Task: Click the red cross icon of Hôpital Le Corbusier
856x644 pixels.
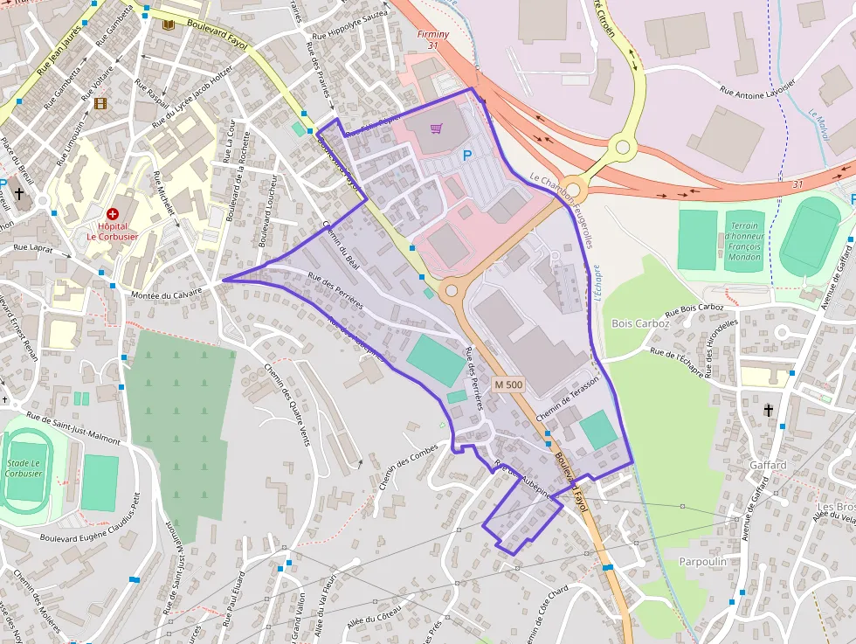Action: (113, 213)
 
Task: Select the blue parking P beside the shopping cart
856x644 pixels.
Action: (466, 156)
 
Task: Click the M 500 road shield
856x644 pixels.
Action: (507, 384)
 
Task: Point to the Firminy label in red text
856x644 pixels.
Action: (433, 34)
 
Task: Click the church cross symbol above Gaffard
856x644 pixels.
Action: (769, 410)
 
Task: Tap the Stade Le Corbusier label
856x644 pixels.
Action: (24, 467)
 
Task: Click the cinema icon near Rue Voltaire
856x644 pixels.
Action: (100, 103)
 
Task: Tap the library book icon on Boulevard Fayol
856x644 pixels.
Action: (168, 24)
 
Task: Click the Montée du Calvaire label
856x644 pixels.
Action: (165, 295)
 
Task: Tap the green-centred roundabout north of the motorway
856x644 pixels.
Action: (623, 147)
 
